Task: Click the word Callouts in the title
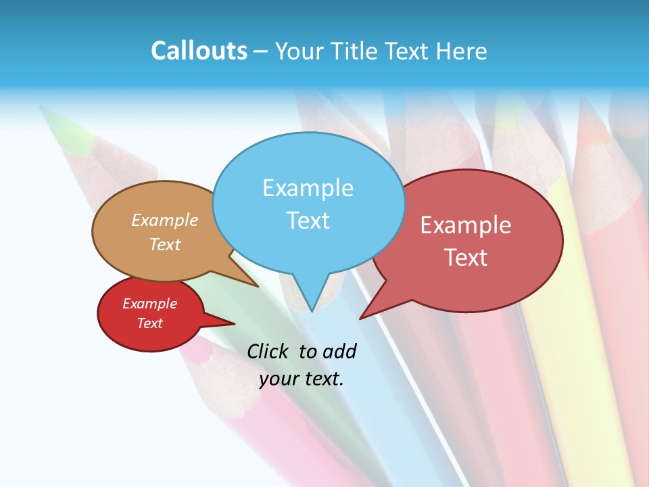[x=199, y=51]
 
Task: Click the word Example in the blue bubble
[x=308, y=188]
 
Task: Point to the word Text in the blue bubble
[x=308, y=221]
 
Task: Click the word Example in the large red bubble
[x=466, y=225]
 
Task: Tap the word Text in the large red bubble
[x=466, y=258]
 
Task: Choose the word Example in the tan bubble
[x=165, y=221]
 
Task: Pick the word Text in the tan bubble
[x=165, y=244]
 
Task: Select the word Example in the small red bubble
[x=149, y=304]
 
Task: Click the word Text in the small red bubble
[x=149, y=323]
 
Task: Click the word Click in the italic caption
[x=270, y=351]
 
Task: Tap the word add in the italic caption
[x=339, y=351]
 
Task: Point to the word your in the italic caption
[x=279, y=379]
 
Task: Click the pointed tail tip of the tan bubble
[x=258, y=287]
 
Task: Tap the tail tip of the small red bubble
[x=235, y=323]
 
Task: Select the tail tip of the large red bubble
[x=360, y=319]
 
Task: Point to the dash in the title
[x=262, y=51]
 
